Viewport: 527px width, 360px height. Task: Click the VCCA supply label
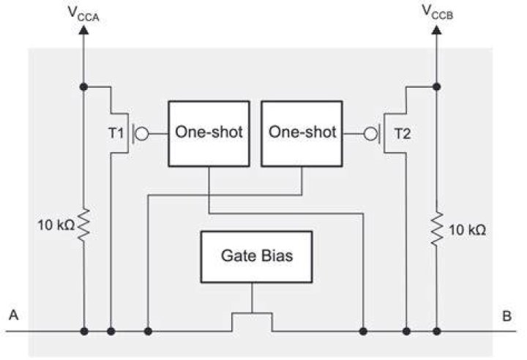point(83,13)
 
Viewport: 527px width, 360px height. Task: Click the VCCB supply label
point(437,12)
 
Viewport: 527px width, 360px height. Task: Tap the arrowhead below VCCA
point(83,30)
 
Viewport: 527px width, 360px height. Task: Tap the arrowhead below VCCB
point(436,30)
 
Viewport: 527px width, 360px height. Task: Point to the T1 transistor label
point(116,133)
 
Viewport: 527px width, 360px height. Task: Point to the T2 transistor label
point(403,134)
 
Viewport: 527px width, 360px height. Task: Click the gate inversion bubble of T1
point(143,134)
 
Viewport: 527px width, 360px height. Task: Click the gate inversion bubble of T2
point(370,134)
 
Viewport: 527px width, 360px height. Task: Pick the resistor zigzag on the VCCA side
point(83,225)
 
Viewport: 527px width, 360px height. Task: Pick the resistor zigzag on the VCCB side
point(436,228)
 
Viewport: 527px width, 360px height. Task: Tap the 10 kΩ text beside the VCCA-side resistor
point(56,225)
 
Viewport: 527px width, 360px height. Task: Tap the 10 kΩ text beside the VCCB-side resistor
point(468,230)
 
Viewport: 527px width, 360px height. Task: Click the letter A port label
point(13,315)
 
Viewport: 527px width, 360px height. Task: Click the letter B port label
point(507,316)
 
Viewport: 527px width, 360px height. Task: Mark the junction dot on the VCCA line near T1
point(83,87)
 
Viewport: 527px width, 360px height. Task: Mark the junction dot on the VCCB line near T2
point(436,87)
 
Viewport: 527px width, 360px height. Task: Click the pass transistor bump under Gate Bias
point(252,313)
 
